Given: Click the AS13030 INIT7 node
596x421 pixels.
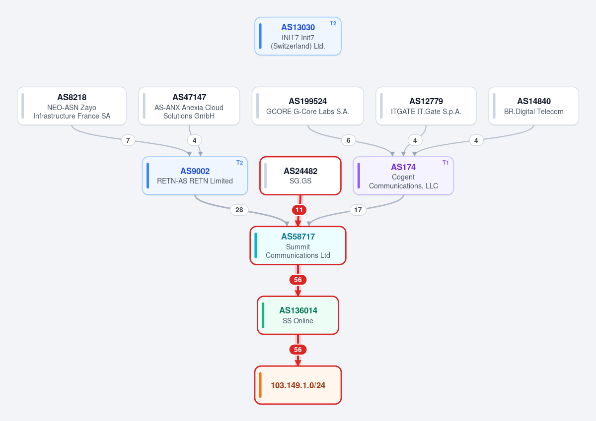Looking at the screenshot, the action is click(298, 36).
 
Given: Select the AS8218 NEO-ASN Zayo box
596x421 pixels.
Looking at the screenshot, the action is click(72, 106).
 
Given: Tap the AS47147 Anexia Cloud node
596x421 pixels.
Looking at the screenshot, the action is click(189, 106).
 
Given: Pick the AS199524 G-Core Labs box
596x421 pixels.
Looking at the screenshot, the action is click(307, 106).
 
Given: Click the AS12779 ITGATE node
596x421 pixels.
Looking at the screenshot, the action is click(426, 106).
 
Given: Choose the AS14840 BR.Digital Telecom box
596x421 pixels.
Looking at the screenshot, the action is click(534, 106).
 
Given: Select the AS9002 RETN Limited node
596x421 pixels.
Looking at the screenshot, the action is click(195, 176).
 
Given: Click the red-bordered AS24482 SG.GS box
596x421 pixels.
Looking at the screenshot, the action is click(300, 176).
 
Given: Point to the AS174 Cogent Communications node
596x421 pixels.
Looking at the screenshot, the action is click(403, 176).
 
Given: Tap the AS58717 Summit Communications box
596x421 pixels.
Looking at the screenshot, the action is click(298, 245).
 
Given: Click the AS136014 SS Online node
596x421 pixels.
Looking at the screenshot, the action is click(298, 315).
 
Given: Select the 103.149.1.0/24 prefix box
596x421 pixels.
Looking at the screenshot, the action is click(298, 385).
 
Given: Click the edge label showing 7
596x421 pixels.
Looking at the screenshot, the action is click(128, 140).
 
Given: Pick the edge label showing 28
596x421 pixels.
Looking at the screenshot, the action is click(239, 210).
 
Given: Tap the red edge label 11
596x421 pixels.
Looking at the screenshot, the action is click(299, 210).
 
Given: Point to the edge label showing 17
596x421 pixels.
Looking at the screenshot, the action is click(358, 210).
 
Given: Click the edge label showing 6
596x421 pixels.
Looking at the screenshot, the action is click(348, 140).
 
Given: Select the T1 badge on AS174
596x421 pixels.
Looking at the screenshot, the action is click(446, 163).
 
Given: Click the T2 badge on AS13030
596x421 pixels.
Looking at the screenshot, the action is click(333, 23).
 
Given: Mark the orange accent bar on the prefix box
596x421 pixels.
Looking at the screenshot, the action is click(260, 385).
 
